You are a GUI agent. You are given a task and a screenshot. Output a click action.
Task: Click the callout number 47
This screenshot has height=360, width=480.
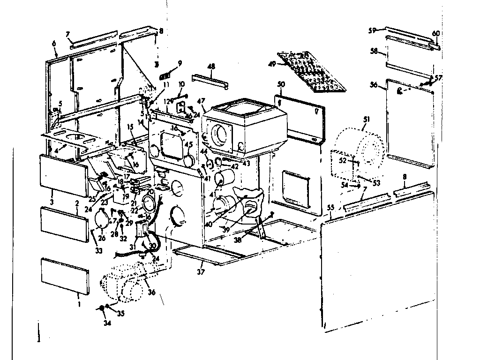202,101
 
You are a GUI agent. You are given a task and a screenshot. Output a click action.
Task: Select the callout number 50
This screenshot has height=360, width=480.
281,84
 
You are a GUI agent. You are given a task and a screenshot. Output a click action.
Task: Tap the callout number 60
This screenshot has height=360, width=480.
435,33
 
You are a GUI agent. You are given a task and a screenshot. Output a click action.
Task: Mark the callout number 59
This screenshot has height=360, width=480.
372,30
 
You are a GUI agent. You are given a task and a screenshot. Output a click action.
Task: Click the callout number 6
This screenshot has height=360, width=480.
54,43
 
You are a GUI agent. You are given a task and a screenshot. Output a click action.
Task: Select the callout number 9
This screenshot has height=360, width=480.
180,62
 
